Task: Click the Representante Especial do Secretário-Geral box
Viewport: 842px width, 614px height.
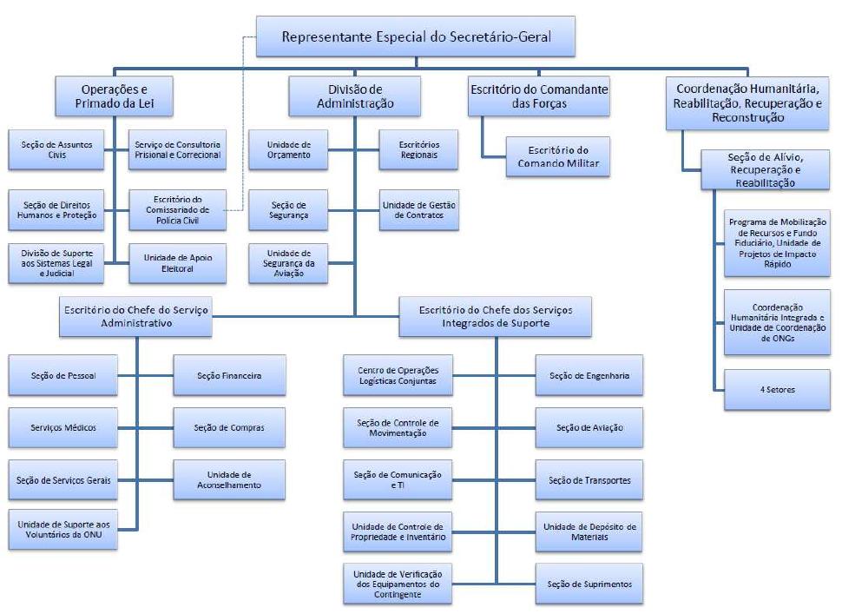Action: (x=416, y=37)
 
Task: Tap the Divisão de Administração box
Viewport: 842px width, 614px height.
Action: (x=354, y=96)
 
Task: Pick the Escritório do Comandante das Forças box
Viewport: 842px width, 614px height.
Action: (x=538, y=96)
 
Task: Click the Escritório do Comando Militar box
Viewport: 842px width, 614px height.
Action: (x=558, y=156)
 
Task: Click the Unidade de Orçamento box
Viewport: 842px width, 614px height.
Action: (x=288, y=149)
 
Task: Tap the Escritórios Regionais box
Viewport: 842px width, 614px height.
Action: (x=419, y=149)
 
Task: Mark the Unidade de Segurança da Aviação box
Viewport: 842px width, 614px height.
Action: (x=288, y=263)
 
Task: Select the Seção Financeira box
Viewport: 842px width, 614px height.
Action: (x=229, y=375)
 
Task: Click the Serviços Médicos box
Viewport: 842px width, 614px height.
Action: (x=62, y=427)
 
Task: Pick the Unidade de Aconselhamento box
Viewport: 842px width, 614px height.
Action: (x=229, y=479)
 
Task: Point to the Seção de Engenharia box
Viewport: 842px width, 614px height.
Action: (x=589, y=375)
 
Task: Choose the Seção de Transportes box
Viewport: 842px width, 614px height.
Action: (x=589, y=479)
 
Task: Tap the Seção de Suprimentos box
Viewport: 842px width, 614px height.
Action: (x=589, y=584)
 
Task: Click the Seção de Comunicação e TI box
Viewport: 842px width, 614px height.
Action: (x=398, y=479)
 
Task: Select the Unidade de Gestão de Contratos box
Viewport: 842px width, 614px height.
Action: (x=419, y=208)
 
